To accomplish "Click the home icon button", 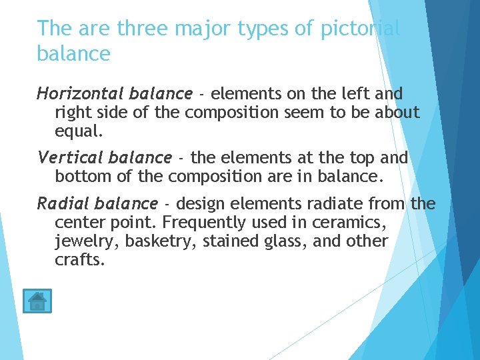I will pos(37,301).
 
